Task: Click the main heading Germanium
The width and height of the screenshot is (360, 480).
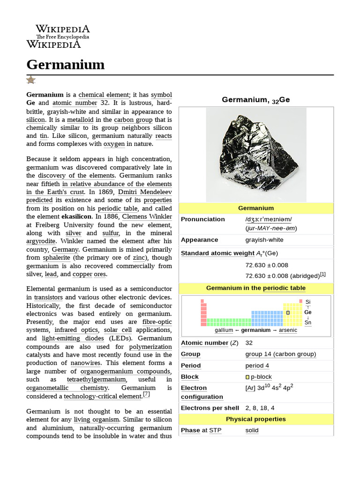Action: [x=65, y=64]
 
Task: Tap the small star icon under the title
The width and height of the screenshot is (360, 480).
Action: [x=31, y=80]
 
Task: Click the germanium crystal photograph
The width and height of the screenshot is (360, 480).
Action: [x=256, y=154]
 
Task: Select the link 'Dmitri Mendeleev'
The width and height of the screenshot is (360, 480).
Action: [x=145, y=192]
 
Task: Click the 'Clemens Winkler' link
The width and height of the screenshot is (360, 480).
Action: [x=147, y=217]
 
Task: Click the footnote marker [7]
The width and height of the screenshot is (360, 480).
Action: [x=146, y=394]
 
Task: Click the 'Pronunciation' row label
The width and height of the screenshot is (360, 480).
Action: [x=203, y=219]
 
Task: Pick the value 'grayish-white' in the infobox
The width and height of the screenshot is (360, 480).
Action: [x=264, y=240]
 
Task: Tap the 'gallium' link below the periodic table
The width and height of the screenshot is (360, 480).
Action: [x=224, y=330]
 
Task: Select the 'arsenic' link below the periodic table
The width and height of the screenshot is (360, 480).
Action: [x=288, y=330]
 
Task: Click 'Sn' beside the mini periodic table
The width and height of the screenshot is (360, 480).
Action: [x=307, y=322]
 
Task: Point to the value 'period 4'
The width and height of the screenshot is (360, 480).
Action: [x=257, y=366]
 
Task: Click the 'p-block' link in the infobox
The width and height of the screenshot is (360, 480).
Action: [x=261, y=377]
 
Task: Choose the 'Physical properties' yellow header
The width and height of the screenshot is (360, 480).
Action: [x=255, y=419]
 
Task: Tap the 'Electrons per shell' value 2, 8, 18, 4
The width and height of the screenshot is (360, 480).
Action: [x=260, y=408]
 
